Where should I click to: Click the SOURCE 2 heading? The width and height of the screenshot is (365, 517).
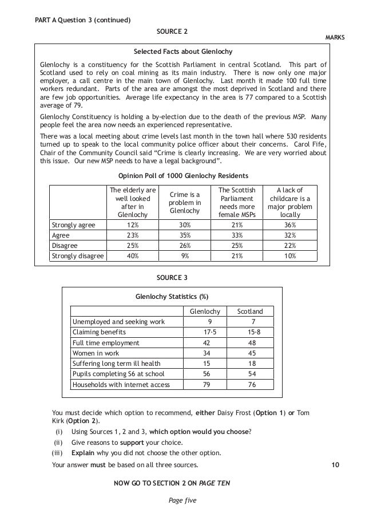[172, 30]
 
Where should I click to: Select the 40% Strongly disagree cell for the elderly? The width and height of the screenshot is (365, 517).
[132, 256]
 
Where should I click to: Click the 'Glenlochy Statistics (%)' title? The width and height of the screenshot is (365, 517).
[172, 297]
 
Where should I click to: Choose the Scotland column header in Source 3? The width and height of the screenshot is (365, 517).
[250, 311]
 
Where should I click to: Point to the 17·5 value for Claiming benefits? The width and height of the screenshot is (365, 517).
[210, 332]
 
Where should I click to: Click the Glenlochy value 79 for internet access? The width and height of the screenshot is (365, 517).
[210, 385]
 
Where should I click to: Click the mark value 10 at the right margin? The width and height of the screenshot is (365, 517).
[335, 464]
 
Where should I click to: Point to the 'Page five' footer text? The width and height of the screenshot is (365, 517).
[182, 500]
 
